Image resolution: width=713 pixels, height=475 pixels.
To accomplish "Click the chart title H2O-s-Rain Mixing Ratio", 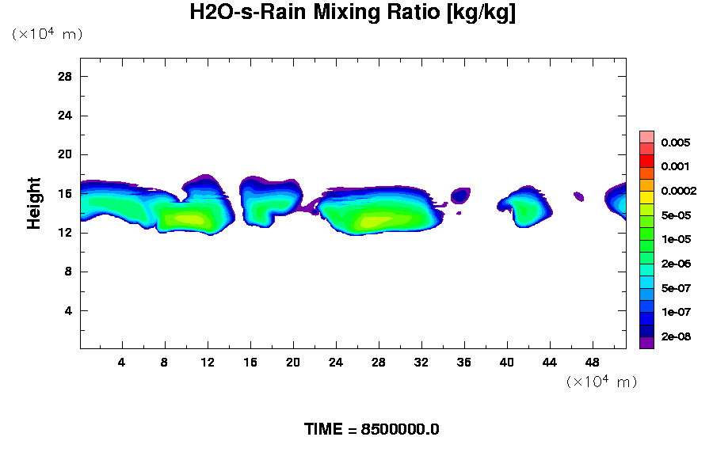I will pos(353,13).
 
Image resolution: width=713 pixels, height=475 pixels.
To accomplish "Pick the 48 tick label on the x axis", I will pos(593,362).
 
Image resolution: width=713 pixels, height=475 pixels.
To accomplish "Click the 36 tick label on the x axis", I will pos(464,362).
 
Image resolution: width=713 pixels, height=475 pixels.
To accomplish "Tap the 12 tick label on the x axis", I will pos(208,362).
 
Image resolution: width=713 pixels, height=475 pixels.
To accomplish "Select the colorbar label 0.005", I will pos(676,142).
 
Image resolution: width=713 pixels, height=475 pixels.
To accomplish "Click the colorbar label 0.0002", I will pos(679,191).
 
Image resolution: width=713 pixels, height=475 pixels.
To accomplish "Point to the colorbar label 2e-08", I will pos(676,336).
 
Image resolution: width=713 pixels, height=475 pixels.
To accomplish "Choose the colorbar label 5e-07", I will pos(676,288).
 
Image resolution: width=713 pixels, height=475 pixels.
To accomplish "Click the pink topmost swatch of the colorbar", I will pos(646,136).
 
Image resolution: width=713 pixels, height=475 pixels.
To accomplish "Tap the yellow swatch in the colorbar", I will pos(646,197).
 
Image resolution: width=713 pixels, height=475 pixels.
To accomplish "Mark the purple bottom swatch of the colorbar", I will pos(646,343).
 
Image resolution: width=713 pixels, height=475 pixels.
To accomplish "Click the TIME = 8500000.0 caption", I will pos(372,430).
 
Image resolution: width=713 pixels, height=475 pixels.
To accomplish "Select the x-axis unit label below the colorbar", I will pos(601,382).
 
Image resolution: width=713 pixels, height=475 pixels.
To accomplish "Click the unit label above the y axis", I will pos(47,34).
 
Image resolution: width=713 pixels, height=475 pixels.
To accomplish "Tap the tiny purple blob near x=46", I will pos(578,196).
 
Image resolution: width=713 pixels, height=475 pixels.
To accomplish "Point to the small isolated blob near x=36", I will pos(460,196).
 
